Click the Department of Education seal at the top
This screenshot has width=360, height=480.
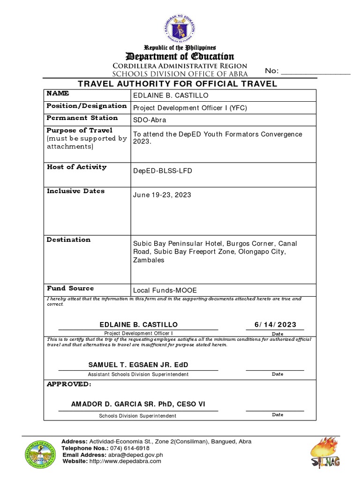pyautogui.click(x=180, y=28)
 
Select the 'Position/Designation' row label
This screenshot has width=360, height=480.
pyautogui.click(x=87, y=106)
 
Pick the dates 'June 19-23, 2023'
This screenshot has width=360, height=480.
pyautogui.click(x=162, y=195)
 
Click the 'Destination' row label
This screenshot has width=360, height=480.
pyautogui.click(x=68, y=240)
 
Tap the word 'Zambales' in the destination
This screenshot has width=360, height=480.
pyautogui.click(x=149, y=260)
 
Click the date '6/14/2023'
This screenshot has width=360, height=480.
pyautogui.click(x=275, y=325)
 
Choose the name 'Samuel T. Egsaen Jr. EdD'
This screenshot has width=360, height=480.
pyautogui.click(x=138, y=365)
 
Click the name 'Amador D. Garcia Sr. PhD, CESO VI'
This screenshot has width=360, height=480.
pyautogui.click(x=137, y=404)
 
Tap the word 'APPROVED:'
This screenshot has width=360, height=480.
pyautogui.click(x=68, y=384)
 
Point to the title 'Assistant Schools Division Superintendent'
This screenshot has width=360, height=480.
pyautogui.click(x=138, y=375)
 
